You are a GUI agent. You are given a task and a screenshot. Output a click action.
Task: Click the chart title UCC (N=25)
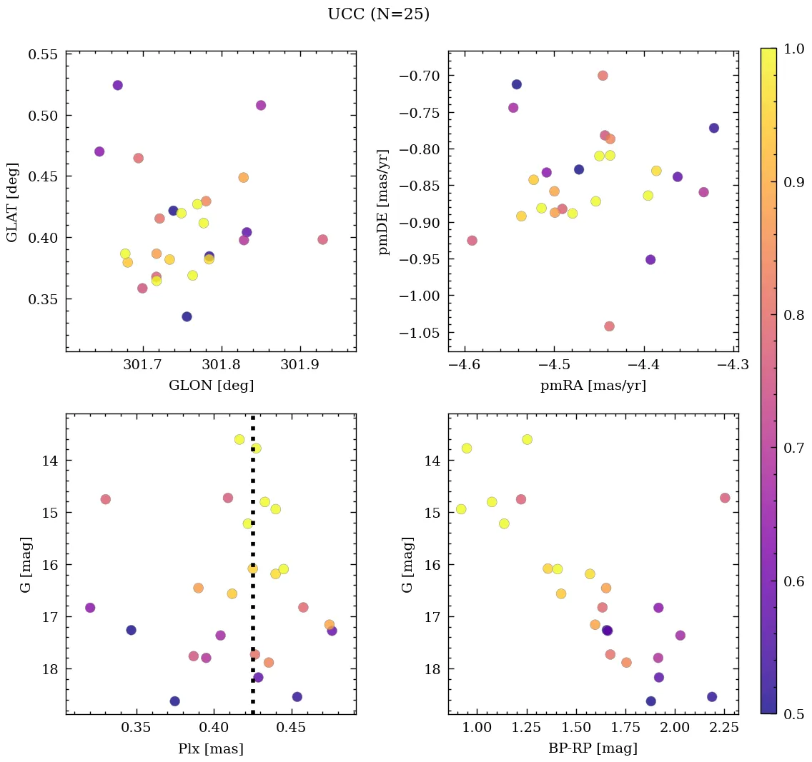click(x=378, y=14)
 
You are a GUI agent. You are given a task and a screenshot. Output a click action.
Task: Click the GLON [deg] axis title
click(x=211, y=386)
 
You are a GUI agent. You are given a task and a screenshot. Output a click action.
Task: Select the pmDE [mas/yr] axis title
click(x=384, y=201)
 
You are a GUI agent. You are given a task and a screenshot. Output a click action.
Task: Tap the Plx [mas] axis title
click(x=211, y=748)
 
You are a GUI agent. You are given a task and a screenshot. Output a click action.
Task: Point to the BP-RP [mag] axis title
click(x=593, y=748)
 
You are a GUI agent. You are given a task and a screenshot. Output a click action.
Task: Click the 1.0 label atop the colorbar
click(x=793, y=49)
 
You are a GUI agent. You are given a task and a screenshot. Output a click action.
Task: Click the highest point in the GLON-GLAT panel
click(x=118, y=86)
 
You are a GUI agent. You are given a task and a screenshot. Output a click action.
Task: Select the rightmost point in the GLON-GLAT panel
click(x=322, y=239)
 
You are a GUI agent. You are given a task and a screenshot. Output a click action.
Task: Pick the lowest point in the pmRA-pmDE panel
click(x=609, y=326)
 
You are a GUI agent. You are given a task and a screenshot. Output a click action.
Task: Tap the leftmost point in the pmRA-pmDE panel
click(x=472, y=241)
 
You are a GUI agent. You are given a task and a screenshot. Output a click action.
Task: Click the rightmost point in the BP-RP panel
click(x=725, y=498)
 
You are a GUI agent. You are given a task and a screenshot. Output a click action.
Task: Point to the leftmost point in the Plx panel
click(x=90, y=608)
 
